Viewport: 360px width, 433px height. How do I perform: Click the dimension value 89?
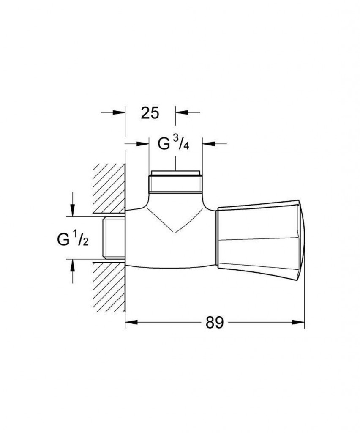(214, 322)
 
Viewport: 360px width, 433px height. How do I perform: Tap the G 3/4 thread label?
(173, 144)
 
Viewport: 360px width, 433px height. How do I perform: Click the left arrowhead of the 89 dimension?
(131, 322)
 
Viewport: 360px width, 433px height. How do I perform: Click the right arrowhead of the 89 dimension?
(298, 322)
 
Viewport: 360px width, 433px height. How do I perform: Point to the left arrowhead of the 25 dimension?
(119, 112)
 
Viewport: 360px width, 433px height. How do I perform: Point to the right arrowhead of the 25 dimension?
(182, 112)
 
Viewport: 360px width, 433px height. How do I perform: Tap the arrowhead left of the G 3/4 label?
(143, 144)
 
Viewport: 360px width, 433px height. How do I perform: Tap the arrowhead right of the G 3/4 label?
(209, 144)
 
